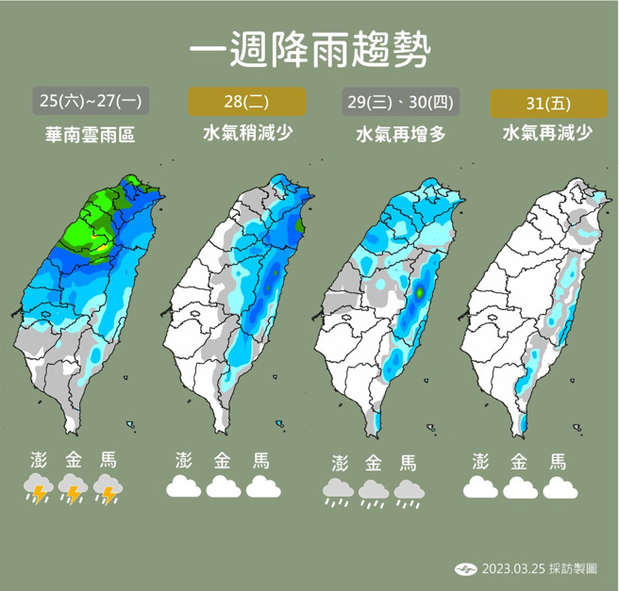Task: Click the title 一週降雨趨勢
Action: tap(309, 49)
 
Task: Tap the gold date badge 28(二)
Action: tap(247, 100)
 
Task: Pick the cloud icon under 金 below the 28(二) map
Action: tap(224, 486)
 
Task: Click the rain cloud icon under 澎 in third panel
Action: tap(339, 491)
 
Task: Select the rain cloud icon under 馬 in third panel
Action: tap(409, 491)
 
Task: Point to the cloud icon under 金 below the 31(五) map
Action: tap(520, 486)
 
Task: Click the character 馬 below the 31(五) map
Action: tap(558, 461)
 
